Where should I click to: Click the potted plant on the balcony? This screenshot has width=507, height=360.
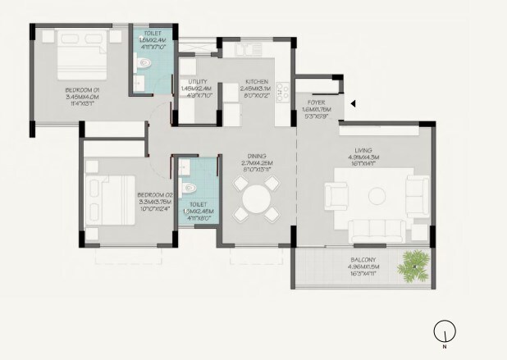(x=415, y=263)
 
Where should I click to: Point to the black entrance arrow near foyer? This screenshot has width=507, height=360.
(x=351, y=103)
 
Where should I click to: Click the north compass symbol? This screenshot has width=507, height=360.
(x=443, y=331)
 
